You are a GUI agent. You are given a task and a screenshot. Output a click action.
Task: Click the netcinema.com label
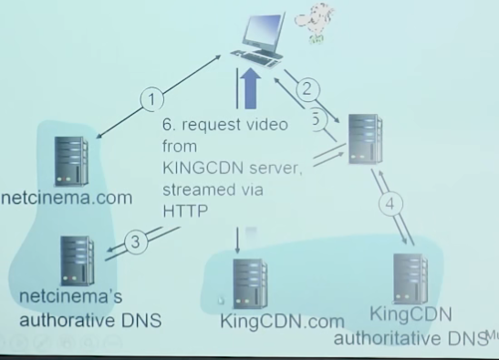(67, 197)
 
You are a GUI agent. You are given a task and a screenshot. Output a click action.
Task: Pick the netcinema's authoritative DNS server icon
(77, 261)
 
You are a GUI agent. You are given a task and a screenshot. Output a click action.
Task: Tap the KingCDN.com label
(282, 322)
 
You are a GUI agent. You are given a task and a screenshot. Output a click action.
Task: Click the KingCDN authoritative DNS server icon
(410, 279)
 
